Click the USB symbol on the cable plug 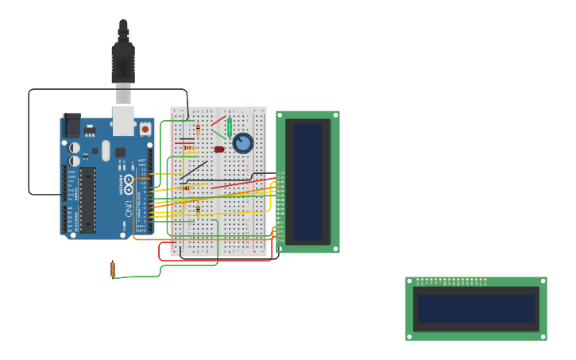(123, 69)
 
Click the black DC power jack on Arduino (72, 125)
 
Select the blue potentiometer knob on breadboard (243, 143)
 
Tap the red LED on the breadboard (219, 149)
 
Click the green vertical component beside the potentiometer (230, 127)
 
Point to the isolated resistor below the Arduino (113, 269)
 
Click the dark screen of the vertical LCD (308, 181)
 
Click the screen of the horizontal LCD (476, 309)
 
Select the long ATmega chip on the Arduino (88, 199)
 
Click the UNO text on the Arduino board (128, 209)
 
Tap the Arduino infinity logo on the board (128, 184)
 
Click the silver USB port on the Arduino (123, 120)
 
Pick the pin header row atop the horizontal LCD (451, 280)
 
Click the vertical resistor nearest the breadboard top (198, 130)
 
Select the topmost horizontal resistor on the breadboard (189, 147)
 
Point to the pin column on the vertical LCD (280, 206)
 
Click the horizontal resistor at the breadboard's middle (185, 188)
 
